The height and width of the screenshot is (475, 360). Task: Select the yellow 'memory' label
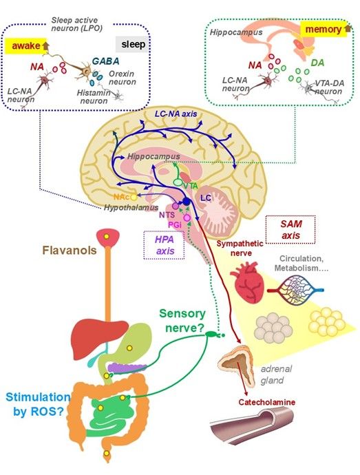[x=323, y=30]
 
